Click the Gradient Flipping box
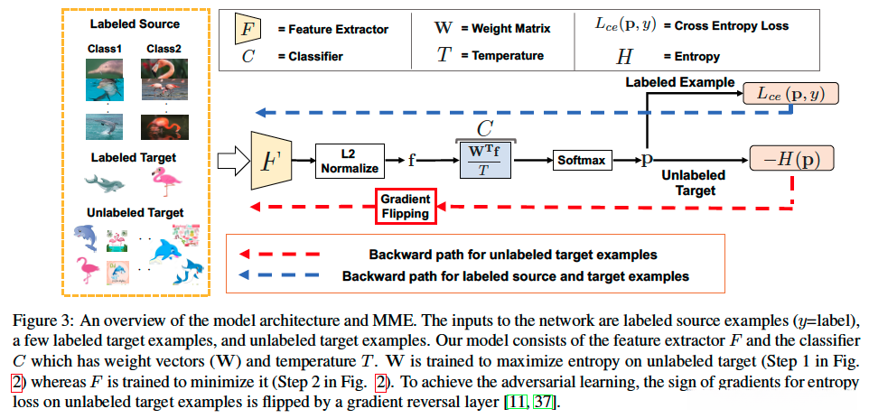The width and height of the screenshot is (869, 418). (405, 206)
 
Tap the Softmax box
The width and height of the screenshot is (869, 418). (578, 160)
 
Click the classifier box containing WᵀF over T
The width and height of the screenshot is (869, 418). (486, 160)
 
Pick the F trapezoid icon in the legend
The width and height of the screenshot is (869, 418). (246, 29)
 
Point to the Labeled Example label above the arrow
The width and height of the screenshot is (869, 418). (681, 83)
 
